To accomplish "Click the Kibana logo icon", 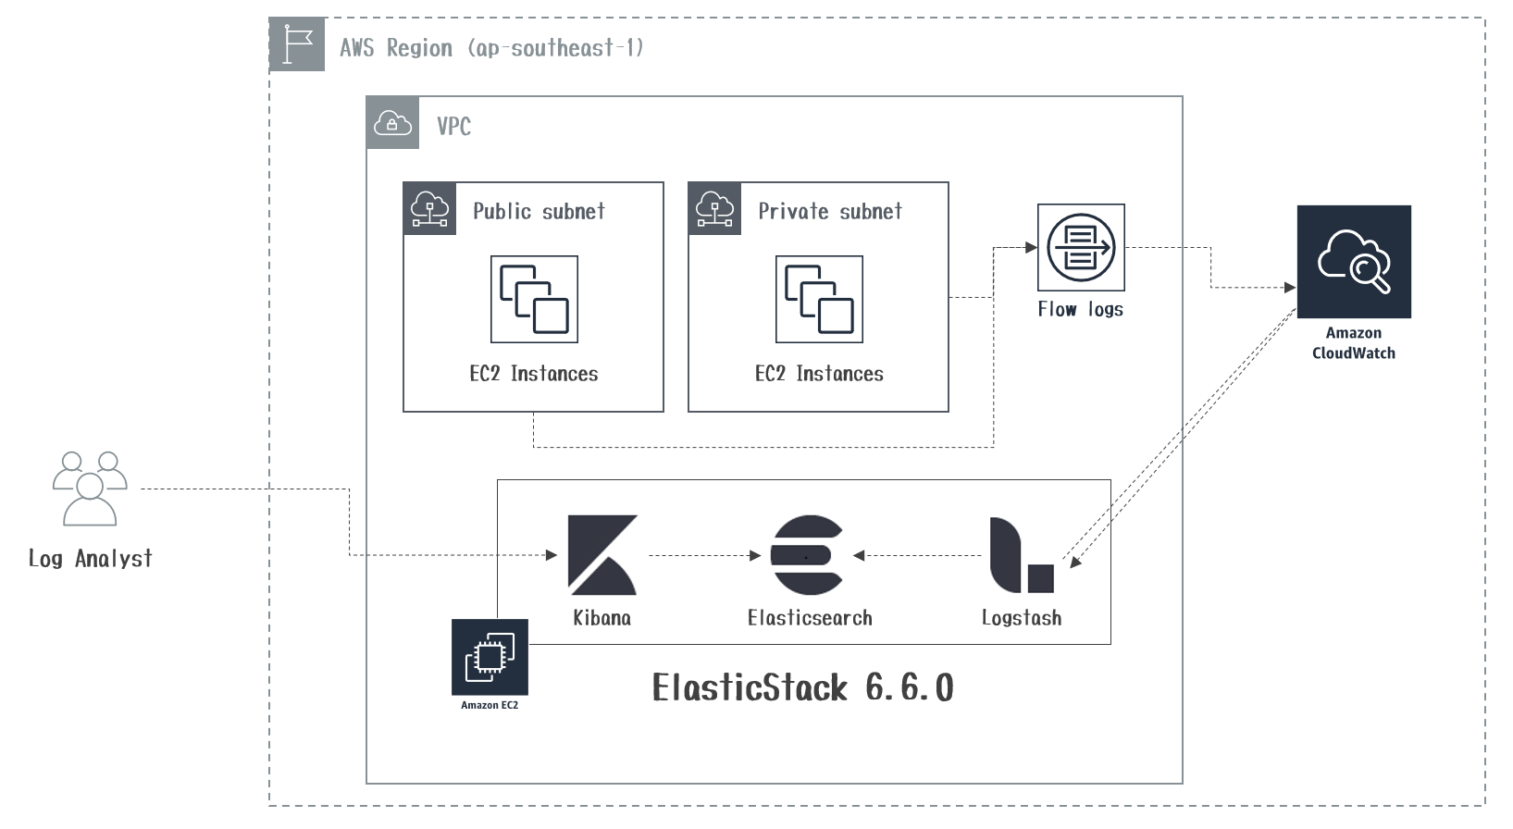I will pyautogui.click(x=602, y=554).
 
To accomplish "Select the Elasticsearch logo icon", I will pyautogui.click(x=807, y=554).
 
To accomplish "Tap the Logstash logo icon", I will pyautogui.click(x=1021, y=555).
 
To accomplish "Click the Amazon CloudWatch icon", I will pyautogui.click(x=1354, y=262).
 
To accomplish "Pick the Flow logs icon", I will pyautogui.click(x=1081, y=248).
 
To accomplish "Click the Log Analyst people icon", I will pyautogui.click(x=90, y=489).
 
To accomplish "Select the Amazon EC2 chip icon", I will pyautogui.click(x=490, y=657).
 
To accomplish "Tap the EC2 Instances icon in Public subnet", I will pyautogui.click(x=534, y=299).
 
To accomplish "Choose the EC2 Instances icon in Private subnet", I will pyautogui.click(x=819, y=299).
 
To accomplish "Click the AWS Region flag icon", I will pyautogui.click(x=297, y=44).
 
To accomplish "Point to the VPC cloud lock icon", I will pyautogui.click(x=392, y=122).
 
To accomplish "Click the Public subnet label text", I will pyautogui.click(x=539, y=211).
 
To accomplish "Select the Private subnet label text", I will pyautogui.click(x=830, y=211).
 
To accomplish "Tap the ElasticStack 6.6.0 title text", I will pyautogui.click(x=802, y=687).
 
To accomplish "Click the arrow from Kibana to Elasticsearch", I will pyautogui.click(x=703, y=556).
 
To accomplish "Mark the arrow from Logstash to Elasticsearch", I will pyautogui.click(x=917, y=556).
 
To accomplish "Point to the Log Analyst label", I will pyautogui.click(x=90, y=559).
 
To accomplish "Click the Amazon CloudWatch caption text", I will pyautogui.click(x=1353, y=343).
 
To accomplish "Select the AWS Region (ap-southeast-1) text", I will pyautogui.click(x=490, y=48).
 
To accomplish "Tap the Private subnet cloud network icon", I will pyautogui.click(x=714, y=208).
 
